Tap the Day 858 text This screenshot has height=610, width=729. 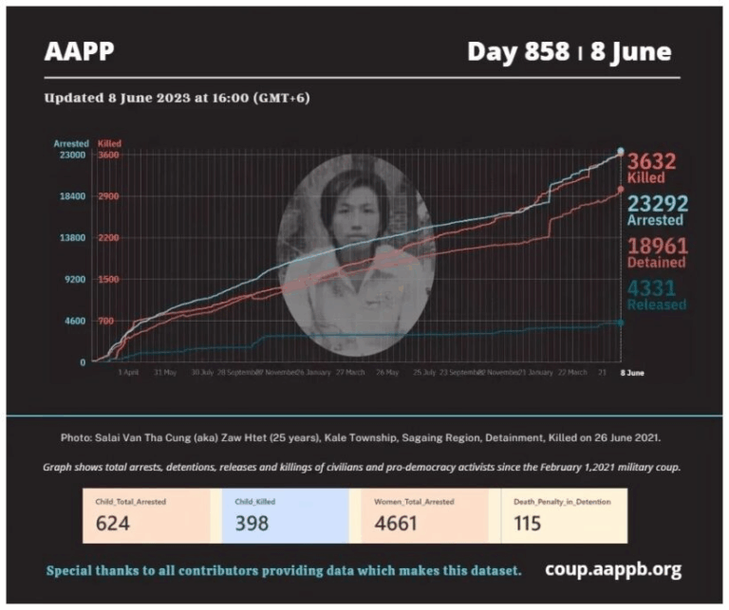click(518, 51)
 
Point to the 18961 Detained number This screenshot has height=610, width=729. click(656, 246)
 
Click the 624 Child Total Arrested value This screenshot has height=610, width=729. click(116, 522)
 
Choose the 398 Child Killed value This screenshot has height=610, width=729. click(252, 522)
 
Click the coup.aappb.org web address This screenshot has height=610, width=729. click(613, 569)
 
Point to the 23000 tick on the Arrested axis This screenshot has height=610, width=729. click(72, 155)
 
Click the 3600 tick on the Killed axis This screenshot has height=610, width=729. click(108, 155)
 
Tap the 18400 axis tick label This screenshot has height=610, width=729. click(72, 196)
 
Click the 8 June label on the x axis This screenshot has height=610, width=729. click(632, 374)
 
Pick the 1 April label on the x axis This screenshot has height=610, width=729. click(129, 374)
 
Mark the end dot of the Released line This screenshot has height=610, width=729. click(621, 323)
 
